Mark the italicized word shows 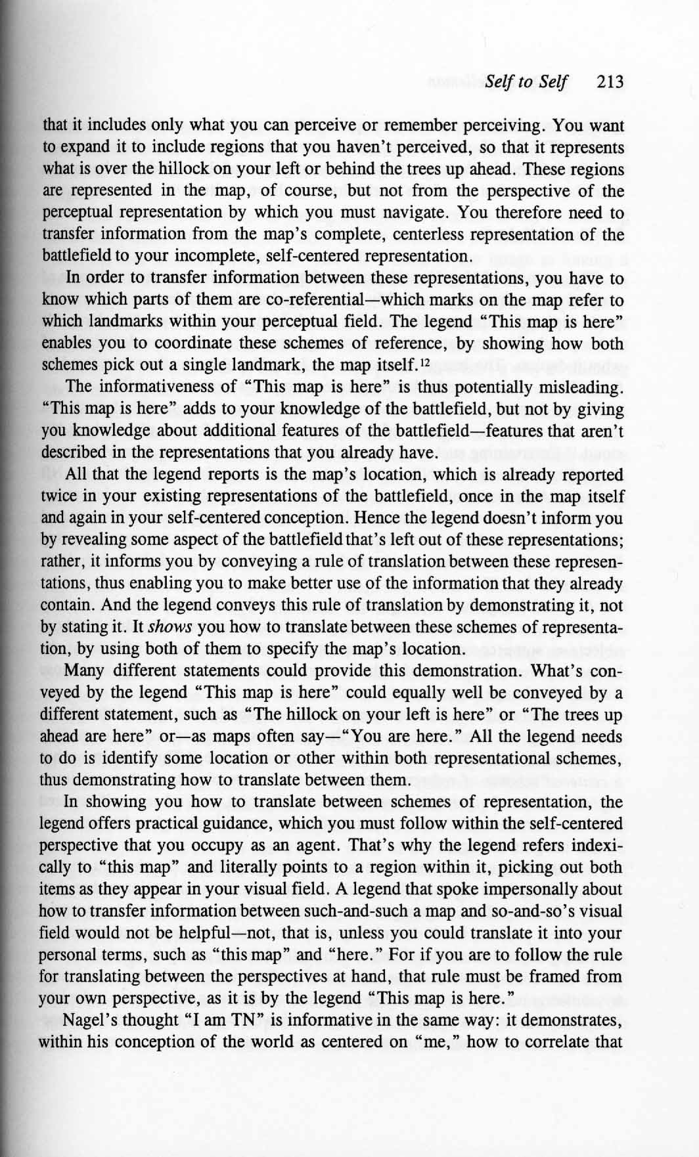169,627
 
